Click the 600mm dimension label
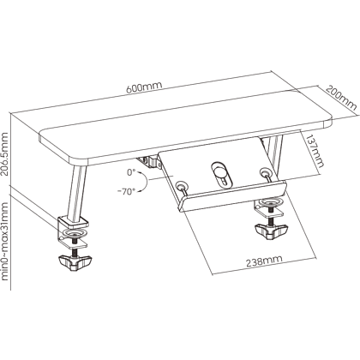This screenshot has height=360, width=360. click(144, 87)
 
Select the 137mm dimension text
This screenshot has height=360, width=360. click(315, 151)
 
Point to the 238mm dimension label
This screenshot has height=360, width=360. click(264, 261)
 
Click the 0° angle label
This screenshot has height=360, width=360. click(131, 172)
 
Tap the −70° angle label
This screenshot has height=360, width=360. click(126, 192)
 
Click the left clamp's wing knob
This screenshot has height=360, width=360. click(75, 263)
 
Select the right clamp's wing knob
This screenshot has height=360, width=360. click(271, 231)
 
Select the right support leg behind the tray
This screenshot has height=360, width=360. click(273, 154)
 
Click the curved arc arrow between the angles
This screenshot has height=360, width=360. click(145, 181)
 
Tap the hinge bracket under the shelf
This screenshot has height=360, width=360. click(149, 162)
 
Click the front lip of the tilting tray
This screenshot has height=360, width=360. click(232, 196)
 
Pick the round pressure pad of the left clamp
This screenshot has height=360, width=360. click(74, 233)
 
